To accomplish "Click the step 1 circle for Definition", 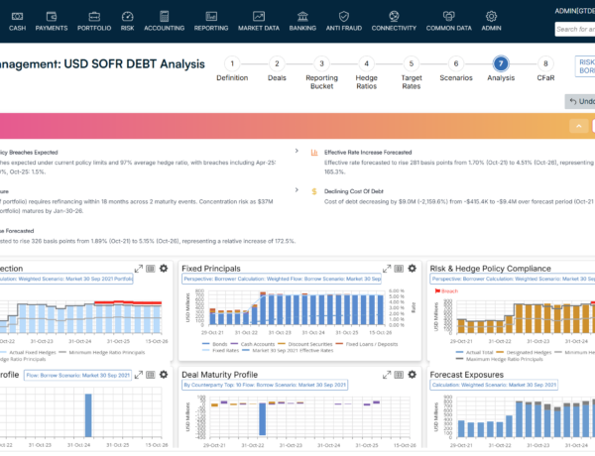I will (x=232, y=62).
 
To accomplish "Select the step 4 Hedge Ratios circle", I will (x=367, y=62).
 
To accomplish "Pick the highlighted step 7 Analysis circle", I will (x=501, y=62).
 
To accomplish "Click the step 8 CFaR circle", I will (x=545, y=62).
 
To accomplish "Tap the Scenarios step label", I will (x=456, y=77).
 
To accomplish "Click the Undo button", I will (x=580, y=101).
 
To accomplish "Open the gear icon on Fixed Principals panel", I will (x=412, y=268).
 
